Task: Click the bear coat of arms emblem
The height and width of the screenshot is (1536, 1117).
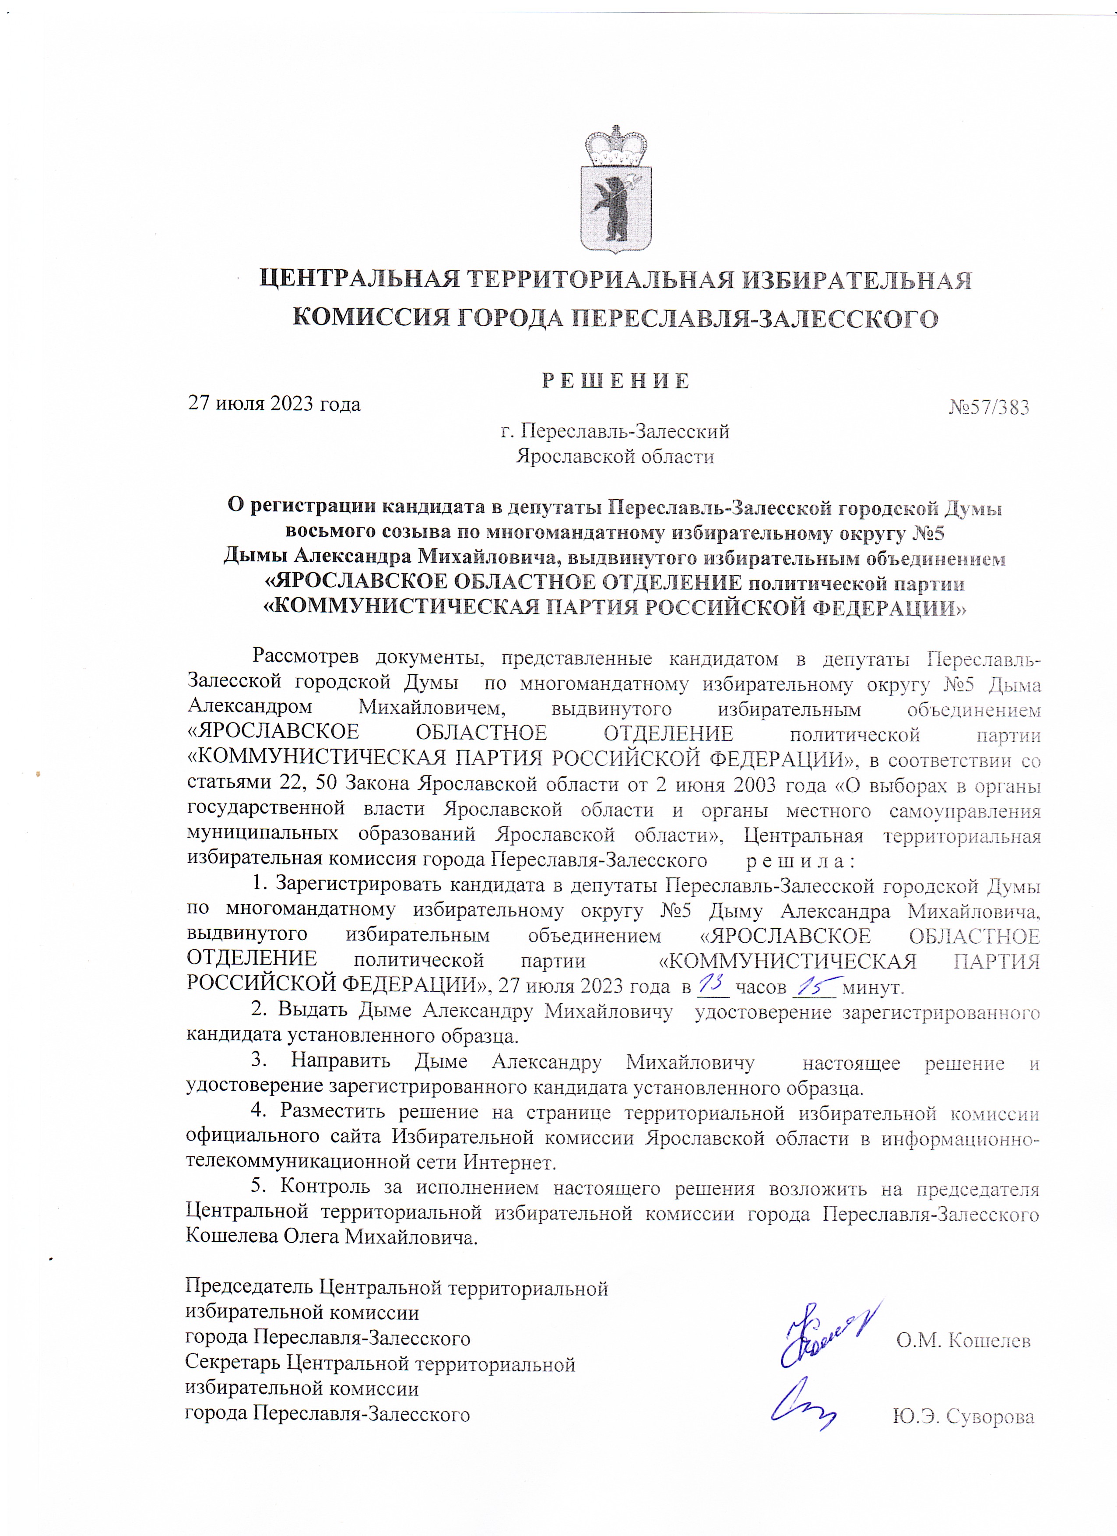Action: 616,208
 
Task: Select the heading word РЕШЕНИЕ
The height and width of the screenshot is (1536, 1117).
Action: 615,380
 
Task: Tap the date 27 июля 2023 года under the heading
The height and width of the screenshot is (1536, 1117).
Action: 274,404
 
